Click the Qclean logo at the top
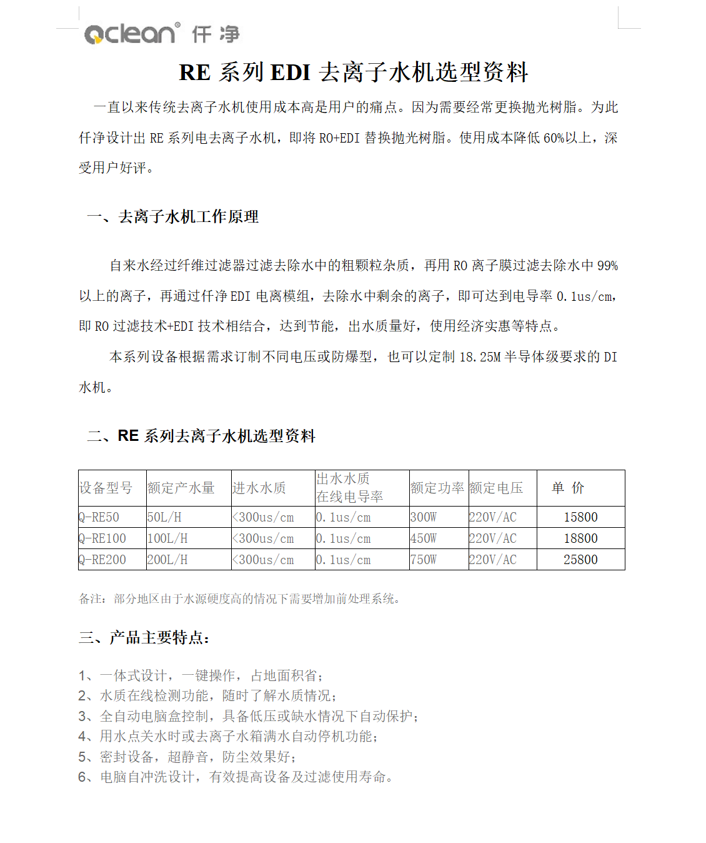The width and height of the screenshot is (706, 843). tap(161, 33)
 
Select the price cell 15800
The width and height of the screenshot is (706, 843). tap(580, 517)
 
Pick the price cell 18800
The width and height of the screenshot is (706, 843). tap(580, 538)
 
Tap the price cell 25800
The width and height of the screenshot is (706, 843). tap(580, 560)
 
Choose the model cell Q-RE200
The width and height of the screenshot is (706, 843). tap(102, 560)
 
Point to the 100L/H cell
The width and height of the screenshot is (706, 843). tap(167, 538)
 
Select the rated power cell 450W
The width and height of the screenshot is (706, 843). tap(424, 538)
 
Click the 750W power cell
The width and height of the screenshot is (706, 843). tap(424, 560)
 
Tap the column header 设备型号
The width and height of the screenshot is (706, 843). tap(106, 488)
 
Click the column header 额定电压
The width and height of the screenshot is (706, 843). tap(496, 488)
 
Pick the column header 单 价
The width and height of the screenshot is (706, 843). tap(568, 488)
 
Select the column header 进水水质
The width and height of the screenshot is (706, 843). tap(259, 488)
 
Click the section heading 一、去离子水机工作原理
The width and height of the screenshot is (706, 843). tap(172, 217)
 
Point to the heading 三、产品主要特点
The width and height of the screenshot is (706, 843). tap(144, 638)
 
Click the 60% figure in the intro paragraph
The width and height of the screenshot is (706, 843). tap(554, 138)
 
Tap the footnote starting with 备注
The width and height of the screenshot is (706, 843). tap(239, 599)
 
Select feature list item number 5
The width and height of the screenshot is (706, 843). tap(187, 757)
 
